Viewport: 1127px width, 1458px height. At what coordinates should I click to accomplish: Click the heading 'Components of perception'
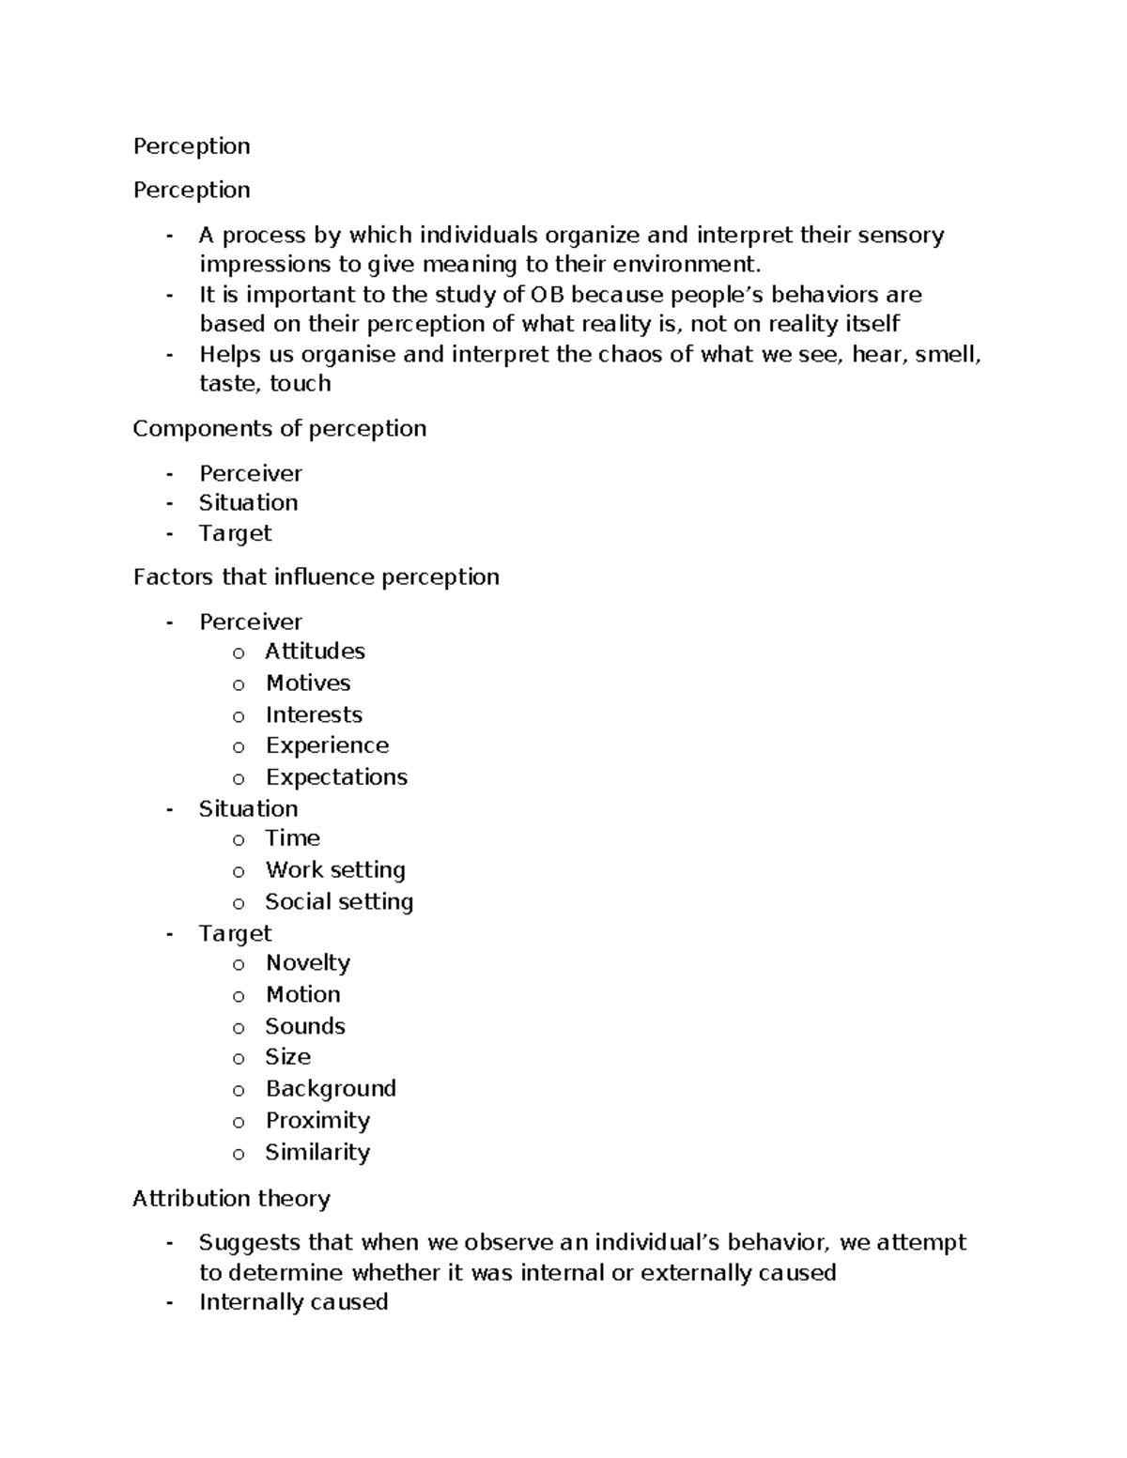click(279, 429)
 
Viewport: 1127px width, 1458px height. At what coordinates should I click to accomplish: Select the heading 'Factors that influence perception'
click(316, 576)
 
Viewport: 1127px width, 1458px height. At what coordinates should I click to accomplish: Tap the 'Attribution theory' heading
click(231, 1199)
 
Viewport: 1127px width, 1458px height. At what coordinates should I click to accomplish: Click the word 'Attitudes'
click(315, 652)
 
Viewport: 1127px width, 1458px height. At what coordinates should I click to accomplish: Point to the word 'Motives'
click(308, 683)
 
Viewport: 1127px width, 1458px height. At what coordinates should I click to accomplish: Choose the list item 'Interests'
click(314, 714)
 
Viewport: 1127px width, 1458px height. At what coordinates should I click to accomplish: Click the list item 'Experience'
click(327, 745)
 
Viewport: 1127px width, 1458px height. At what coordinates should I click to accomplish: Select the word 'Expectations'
click(336, 777)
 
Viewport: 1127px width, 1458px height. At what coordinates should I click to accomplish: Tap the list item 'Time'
click(292, 838)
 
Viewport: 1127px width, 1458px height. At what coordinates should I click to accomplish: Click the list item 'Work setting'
click(335, 870)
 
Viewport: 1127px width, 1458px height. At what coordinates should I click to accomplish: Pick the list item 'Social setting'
click(339, 902)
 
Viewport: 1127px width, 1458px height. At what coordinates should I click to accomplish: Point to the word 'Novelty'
click(308, 963)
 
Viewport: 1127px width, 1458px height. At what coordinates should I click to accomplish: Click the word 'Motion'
click(302, 994)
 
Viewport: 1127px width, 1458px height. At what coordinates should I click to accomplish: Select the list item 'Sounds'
click(305, 1026)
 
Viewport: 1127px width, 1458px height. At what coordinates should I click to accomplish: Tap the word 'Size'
click(287, 1057)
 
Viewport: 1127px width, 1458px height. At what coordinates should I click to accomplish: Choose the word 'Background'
click(331, 1089)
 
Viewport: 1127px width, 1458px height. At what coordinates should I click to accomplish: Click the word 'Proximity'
click(317, 1121)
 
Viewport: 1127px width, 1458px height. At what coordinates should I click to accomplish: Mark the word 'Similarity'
click(317, 1152)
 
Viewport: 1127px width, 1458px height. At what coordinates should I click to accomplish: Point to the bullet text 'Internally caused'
click(293, 1302)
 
